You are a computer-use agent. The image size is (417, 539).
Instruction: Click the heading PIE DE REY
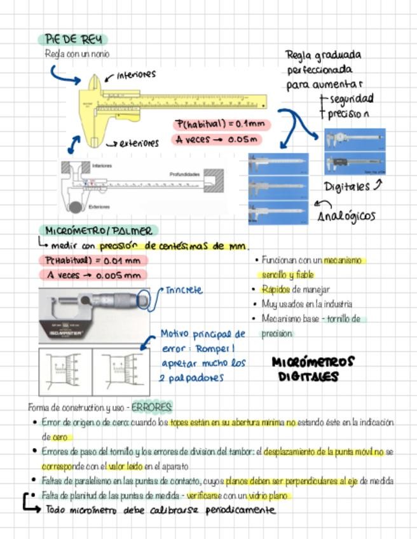coord(72,40)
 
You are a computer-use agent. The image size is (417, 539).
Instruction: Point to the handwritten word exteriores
coord(139,144)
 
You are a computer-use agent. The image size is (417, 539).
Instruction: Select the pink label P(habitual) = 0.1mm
coord(221,124)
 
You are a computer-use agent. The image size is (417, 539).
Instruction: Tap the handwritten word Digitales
coord(347,187)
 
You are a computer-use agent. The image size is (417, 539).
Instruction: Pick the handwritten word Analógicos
coord(346,216)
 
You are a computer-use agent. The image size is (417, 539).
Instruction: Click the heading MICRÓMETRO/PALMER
coord(99,231)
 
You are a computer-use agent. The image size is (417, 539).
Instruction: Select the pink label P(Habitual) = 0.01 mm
coord(93,261)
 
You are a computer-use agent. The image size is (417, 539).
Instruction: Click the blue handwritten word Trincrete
coord(184,290)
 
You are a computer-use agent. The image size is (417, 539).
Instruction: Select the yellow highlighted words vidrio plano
coord(270,496)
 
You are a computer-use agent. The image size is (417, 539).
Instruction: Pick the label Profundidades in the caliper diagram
coord(184,174)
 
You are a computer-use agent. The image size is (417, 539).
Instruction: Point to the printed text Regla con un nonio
coord(77,55)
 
